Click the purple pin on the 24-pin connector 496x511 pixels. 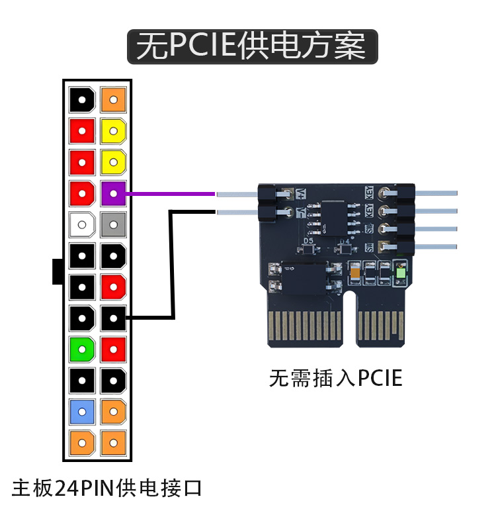click(114, 194)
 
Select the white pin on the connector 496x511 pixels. click(82, 225)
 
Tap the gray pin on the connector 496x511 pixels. click(114, 225)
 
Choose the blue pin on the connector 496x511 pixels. click(82, 412)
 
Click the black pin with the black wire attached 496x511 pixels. click(114, 318)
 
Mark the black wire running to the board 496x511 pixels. click(172, 265)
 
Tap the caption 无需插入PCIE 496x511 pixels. click(335, 378)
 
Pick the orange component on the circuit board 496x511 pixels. click(355, 272)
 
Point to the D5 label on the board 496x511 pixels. click(309, 241)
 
